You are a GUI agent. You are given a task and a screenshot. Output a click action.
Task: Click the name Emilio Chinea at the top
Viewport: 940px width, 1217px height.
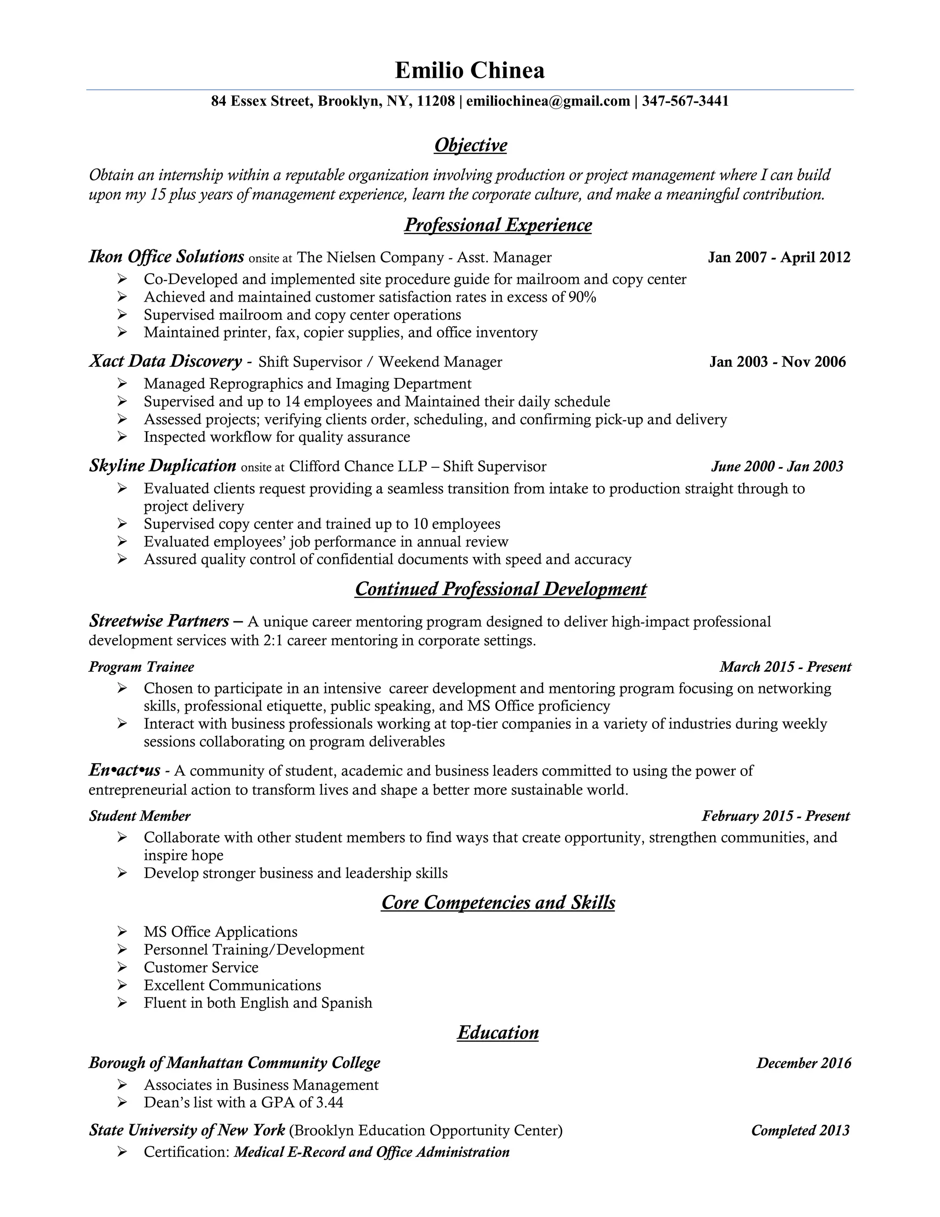click(470, 71)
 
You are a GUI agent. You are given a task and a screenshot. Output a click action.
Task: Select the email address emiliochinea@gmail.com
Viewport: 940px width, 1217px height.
click(548, 101)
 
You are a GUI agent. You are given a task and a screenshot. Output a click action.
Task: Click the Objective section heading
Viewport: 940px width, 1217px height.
click(470, 146)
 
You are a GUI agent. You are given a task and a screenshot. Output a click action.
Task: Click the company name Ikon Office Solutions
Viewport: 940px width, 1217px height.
click(167, 257)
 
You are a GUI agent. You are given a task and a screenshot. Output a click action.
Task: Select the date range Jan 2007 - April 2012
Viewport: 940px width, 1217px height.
click(778, 258)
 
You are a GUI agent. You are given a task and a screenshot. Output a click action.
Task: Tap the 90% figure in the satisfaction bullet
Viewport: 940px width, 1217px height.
click(582, 297)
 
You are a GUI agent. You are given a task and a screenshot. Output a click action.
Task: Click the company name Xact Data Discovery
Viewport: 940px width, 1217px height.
click(165, 361)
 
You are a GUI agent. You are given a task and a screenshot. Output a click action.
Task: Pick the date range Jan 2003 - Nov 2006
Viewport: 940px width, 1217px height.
click(777, 362)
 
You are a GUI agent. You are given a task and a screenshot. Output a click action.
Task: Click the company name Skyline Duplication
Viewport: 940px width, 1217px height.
click(162, 466)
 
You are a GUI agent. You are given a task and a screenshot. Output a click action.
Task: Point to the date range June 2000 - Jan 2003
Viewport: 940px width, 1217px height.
click(777, 467)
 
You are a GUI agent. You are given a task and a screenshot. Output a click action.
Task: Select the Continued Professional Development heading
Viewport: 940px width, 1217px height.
click(500, 589)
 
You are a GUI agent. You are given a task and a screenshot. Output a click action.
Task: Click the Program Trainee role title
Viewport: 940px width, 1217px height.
click(141, 667)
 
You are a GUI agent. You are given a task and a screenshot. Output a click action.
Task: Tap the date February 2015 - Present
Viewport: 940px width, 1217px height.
click(775, 817)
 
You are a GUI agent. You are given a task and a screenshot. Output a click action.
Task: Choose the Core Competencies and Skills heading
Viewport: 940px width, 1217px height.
click(498, 903)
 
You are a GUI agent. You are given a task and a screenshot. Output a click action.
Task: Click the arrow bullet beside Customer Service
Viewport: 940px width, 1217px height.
click(123, 967)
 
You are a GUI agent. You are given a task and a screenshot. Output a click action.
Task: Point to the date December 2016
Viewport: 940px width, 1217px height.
click(803, 1063)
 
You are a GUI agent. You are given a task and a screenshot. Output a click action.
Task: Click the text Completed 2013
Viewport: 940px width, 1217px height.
click(800, 1131)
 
